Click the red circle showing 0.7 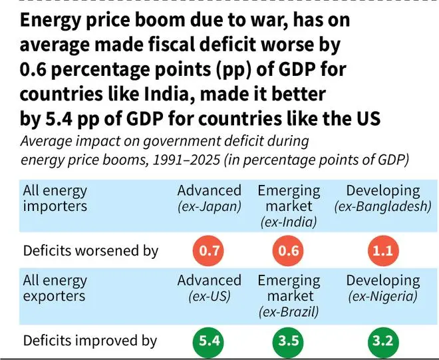210,252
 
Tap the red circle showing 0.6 289,252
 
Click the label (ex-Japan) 209,207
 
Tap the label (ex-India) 289,221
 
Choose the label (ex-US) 209,296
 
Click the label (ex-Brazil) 289,311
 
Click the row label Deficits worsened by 90,252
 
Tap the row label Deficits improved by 90,341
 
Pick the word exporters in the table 55,296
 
